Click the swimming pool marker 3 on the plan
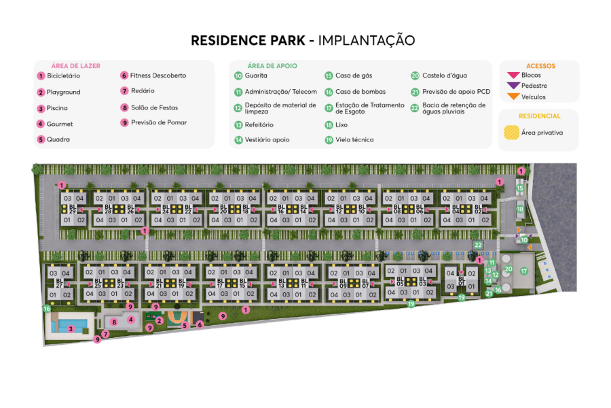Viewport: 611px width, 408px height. coord(71,329)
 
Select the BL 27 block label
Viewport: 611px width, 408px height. coord(59,284)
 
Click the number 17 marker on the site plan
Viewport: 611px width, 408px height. coord(523,271)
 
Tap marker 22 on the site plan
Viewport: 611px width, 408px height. coord(478,245)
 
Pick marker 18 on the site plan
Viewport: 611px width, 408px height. coord(520,210)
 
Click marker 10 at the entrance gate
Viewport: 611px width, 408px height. coord(523,239)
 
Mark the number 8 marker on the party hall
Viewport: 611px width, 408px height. coord(114,322)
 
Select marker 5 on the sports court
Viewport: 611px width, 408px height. coord(185,326)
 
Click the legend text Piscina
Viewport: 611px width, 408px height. coord(57,108)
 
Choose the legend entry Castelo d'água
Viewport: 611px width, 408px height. coord(444,75)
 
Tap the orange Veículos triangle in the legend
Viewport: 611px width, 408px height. coord(513,97)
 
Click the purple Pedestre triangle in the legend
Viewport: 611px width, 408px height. coord(513,86)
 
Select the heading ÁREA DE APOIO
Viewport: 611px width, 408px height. coord(272,66)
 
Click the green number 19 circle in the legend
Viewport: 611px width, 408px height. coord(329,140)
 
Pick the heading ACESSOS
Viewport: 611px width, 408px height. coord(540,66)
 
